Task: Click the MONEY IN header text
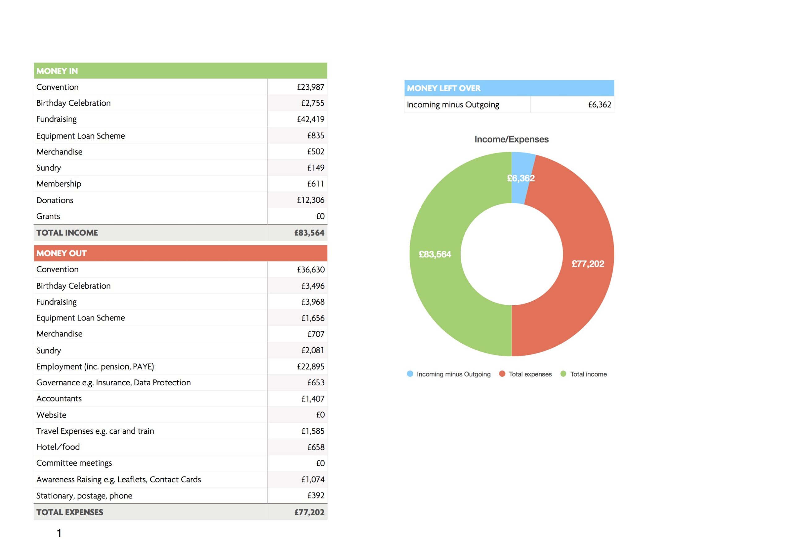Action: coord(57,71)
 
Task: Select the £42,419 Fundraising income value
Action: coord(310,119)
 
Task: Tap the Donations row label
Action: coord(55,200)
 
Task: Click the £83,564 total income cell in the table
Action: coord(309,233)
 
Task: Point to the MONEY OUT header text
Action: coord(61,253)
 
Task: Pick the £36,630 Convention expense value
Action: coord(311,269)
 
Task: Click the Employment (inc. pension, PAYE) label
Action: coord(95,366)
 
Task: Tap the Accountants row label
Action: coord(59,398)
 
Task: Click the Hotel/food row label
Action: coord(58,447)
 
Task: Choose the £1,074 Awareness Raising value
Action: coord(313,479)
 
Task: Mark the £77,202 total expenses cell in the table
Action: coord(309,512)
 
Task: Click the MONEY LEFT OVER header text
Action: coord(444,88)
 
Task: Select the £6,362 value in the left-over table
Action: coord(600,104)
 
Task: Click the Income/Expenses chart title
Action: coord(512,139)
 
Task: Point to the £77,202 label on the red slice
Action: coord(588,264)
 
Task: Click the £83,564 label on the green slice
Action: coord(435,254)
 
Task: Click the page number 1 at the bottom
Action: coord(59,533)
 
